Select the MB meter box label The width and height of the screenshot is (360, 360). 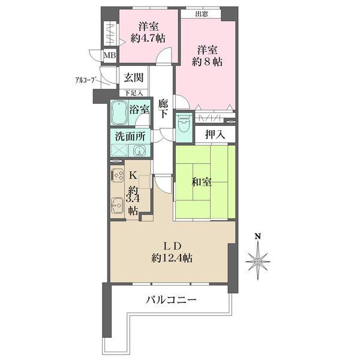109,56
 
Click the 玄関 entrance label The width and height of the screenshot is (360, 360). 133,77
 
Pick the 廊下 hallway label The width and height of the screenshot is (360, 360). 163,108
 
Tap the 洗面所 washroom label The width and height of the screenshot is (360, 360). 131,136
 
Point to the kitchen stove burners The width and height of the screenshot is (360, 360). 117,176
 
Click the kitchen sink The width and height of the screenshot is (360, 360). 117,206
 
